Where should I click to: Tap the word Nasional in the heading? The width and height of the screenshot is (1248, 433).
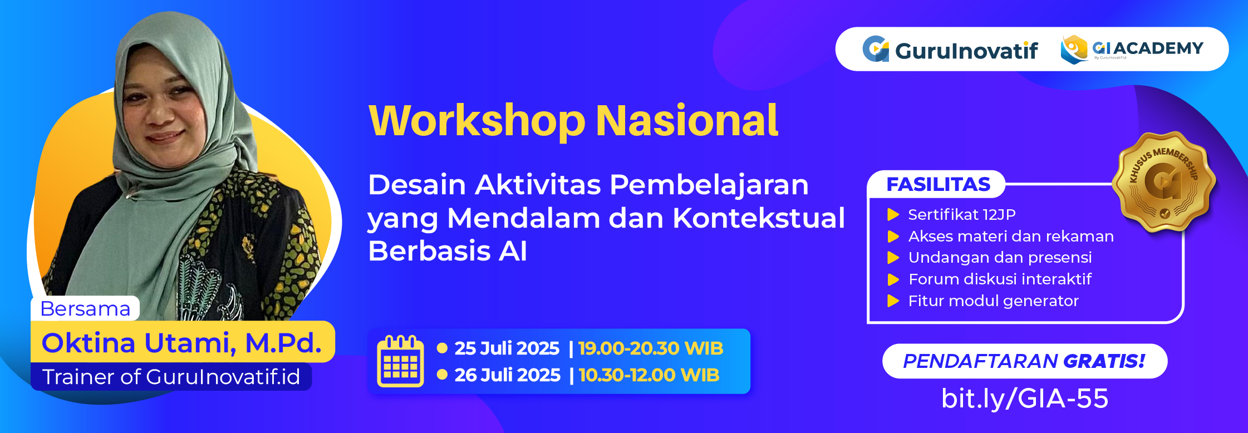tap(686, 121)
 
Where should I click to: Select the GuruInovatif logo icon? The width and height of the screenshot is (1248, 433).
tap(876, 49)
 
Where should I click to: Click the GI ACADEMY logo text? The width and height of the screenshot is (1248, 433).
tap(1148, 48)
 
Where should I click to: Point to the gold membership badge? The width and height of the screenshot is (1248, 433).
tap(1164, 181)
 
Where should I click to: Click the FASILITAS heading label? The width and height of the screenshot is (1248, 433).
tap(938, 184)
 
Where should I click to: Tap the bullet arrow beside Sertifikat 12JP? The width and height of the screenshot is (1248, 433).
tap(893, 215)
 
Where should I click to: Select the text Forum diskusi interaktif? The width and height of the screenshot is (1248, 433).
tap(1000, 279)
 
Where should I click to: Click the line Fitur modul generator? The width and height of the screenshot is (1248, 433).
tap(993, 301)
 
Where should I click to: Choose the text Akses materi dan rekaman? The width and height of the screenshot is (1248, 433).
tap(1011, 237)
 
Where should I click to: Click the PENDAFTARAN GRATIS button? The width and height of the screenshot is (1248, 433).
tap(1024, 361)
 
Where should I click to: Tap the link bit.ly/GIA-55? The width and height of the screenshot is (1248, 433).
tap(1024, 398)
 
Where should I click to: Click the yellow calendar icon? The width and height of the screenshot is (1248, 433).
tap(400, 361)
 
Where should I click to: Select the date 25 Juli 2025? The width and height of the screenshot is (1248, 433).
tap(507, 348)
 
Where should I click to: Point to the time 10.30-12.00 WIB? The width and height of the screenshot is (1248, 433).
tap(649, 375)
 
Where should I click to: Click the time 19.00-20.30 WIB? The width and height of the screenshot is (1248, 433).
tap(650, 348)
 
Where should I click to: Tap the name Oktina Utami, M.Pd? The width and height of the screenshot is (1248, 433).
tap(181, 342)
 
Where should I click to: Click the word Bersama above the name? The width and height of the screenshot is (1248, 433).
tap(85, 308)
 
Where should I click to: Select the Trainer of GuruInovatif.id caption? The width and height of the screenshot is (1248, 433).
tap(171, 377)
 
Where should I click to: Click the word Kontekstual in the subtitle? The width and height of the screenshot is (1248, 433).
tap(759, 218)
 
